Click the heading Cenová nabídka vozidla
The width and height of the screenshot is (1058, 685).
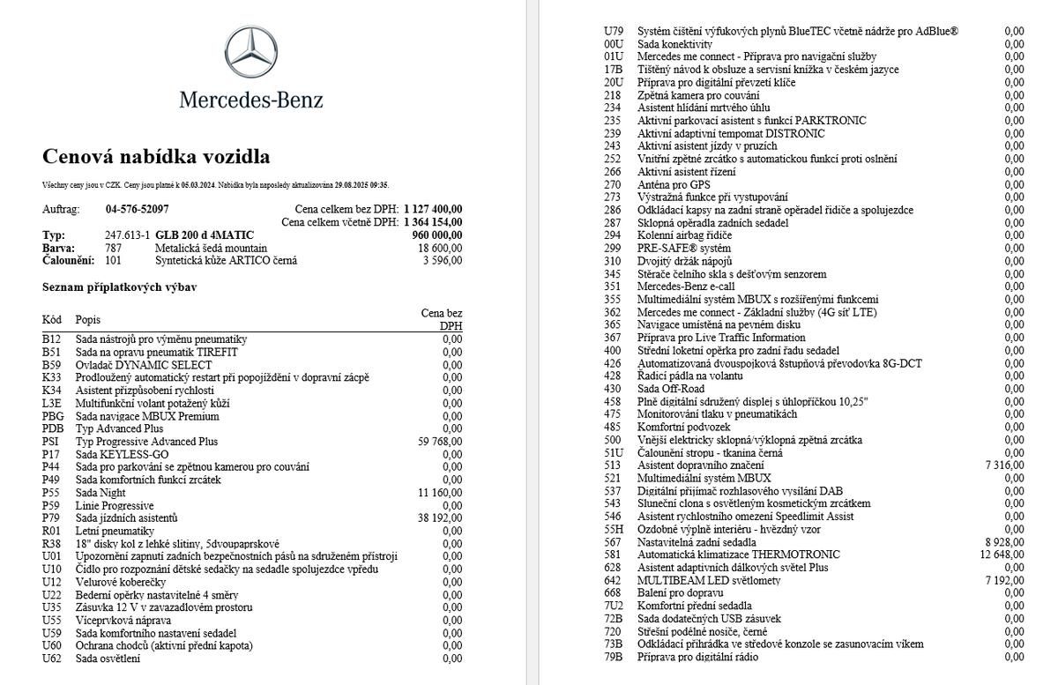pos(156,157)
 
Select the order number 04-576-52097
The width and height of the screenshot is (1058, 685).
pos(137,210)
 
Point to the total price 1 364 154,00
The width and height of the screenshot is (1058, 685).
pos(433,222)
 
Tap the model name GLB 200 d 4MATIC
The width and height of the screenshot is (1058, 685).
pos(205,235)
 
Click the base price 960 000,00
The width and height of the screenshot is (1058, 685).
pos(436,235)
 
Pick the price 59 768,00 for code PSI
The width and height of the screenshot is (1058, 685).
pos(439,442)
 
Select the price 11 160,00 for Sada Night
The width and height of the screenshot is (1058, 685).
pos(439,493)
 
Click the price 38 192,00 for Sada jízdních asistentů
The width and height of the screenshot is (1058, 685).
pos(439,518)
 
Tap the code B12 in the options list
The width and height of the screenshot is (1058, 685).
pos(52,339)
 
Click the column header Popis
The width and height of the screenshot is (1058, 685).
pos(87,319)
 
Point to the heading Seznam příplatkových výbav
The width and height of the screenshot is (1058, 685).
pos(119,287)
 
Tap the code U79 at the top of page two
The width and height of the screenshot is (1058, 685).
pos(614,31)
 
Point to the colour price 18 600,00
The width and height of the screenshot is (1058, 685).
pos(440,249)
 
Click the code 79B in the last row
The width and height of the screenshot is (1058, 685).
pos(614,657)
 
